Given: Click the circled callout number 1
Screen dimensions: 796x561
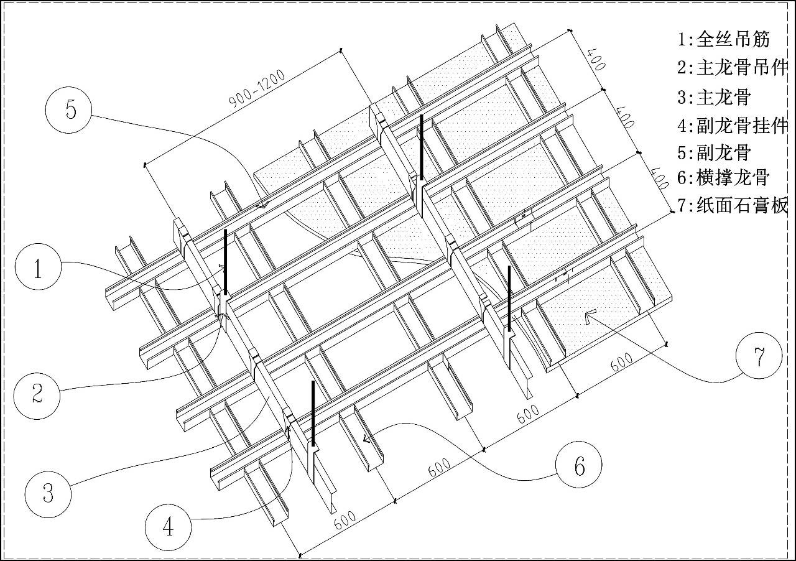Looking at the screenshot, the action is pyautogui.click(x=38, y=267).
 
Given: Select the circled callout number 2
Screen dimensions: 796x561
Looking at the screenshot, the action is pyautogui.click(x=37, y=396).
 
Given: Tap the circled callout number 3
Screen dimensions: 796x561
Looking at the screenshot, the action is pyautogui.click(x=48, y=494).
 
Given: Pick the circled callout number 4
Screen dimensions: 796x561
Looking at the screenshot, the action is pyautogui.click(x=168, y=527).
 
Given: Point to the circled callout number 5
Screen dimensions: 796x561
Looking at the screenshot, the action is pyautogui.click(x=68, y=110).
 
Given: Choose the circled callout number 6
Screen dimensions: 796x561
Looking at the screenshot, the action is pyautogui.click(x=579, y=465).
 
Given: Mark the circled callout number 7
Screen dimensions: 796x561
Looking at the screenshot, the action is pyautogui.click(x=759, y=356).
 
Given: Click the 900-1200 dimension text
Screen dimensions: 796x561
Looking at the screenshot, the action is pyautogui.click(x=257, y=89).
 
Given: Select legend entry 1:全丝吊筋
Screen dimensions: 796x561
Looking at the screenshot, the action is pyautogui.click(x=724, y=39).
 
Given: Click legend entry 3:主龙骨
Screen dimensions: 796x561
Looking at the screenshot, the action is pyautogui.click(x=715, y=96).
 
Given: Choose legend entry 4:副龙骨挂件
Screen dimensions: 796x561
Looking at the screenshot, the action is pyautogui.click(x=733, y=126).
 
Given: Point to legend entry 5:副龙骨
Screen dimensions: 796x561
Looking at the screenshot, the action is pyautogui.click(x=715, y=152).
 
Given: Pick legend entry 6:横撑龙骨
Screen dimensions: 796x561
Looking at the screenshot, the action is pyautogui.click(x=723, y=177).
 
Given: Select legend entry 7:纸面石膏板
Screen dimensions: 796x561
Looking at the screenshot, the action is pyautogui.click(x=733, y=205).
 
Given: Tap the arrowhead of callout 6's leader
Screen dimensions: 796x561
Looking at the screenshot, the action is pyautogui.click(x=366, y=438).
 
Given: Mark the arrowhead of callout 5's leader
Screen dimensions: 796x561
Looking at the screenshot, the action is pyautogui.click(x=263, y=205).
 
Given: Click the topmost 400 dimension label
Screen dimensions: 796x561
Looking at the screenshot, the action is pyautogui.click(x=596, y=60).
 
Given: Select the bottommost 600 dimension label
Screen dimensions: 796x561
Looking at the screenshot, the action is pyautogui.click(x=345, y=521).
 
